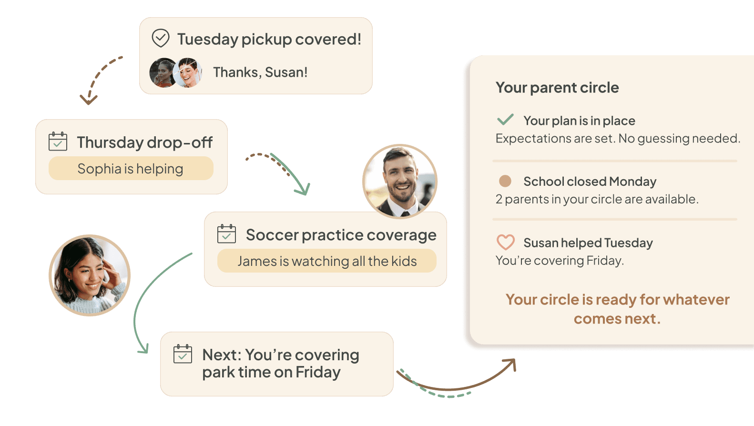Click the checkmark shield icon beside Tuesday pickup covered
(x=161, y=38)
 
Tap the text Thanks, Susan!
(x=260, y=72)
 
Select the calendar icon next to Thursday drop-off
(x=58, y=142)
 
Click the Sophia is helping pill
(x=131, y=169)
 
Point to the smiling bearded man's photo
(x=399, y=181)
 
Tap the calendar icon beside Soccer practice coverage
(x=226, y=234)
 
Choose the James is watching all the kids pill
(x=327, y=261)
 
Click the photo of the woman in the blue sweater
(x=90, y=275)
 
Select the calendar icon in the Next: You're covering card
(x=183, y=354)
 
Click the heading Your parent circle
(x=557, y=88)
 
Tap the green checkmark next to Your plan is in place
(x=505, y=119)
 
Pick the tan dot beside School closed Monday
(x=505, y=181)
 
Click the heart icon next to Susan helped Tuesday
(x=505, y=242)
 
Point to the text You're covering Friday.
(x=560, y=261)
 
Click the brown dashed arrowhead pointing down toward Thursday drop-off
(x=89, y=99)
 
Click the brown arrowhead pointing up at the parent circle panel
(x=511, y=364)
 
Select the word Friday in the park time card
(x=318, y=372)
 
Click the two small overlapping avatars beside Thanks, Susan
(x=175, y=72)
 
